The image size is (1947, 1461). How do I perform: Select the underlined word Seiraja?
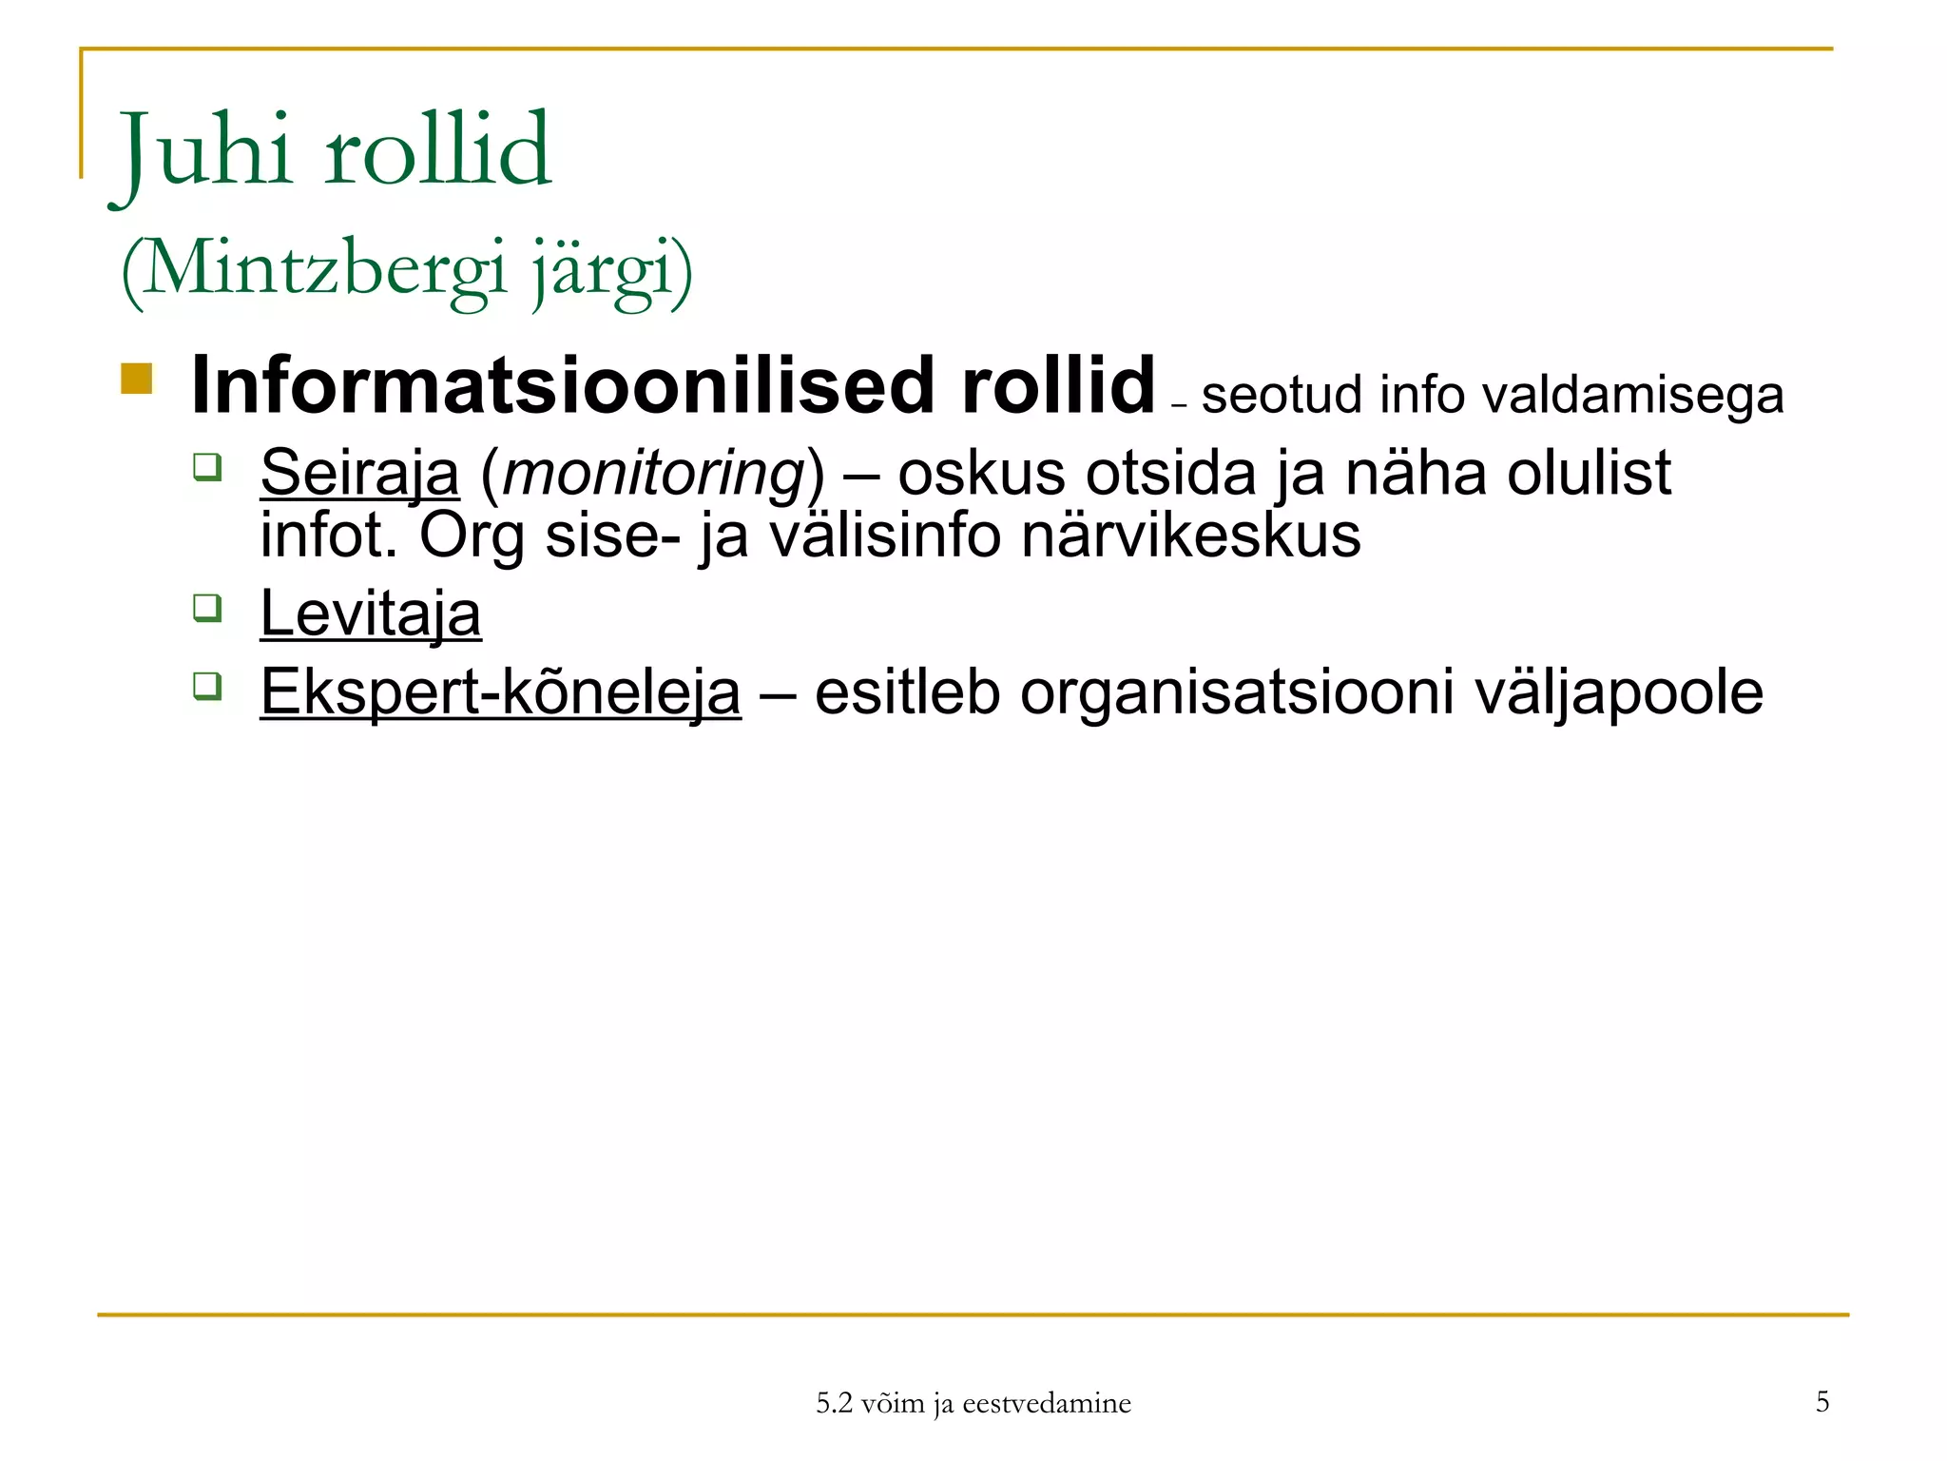click(x=359, y=473)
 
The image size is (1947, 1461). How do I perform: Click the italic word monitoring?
click(x=654, y=473)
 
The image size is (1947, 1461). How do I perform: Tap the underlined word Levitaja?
click(x=371, y=614)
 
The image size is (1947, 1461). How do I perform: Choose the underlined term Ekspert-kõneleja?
click(x=500, y=692)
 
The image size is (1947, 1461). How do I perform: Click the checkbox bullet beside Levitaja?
click(x=207, y=607)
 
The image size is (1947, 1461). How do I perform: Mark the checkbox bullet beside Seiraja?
click(x=207, y=466)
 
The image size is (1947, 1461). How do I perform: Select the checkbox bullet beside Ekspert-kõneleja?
click(x=207, y=685)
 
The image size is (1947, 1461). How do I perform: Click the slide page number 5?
click(x=1822, y=1401)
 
